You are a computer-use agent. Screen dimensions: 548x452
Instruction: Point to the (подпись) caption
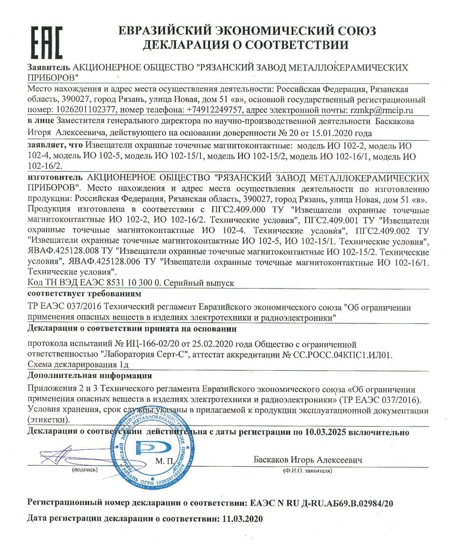(84, 471)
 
